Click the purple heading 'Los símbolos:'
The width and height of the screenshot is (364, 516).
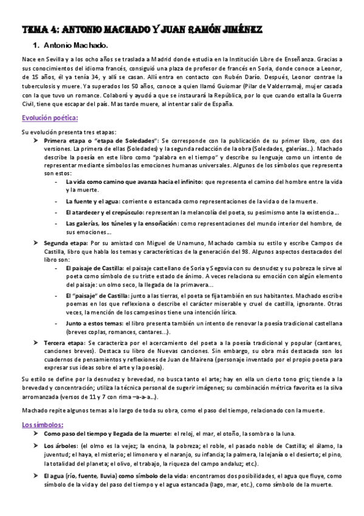point(42,424)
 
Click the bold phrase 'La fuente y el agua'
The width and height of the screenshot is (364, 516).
point(95,201)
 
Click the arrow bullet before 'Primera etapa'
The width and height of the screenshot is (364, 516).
point(36,139)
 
